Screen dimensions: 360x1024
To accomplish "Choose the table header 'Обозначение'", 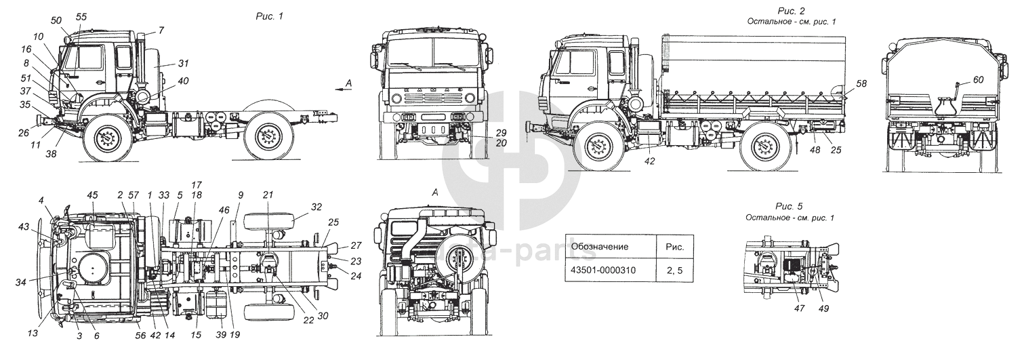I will (600, 246).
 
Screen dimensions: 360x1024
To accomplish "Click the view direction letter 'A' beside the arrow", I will (348, 83).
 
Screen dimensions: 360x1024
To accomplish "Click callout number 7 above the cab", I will (161, 31).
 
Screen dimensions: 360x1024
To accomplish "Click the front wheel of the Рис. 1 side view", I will (106, 140).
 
